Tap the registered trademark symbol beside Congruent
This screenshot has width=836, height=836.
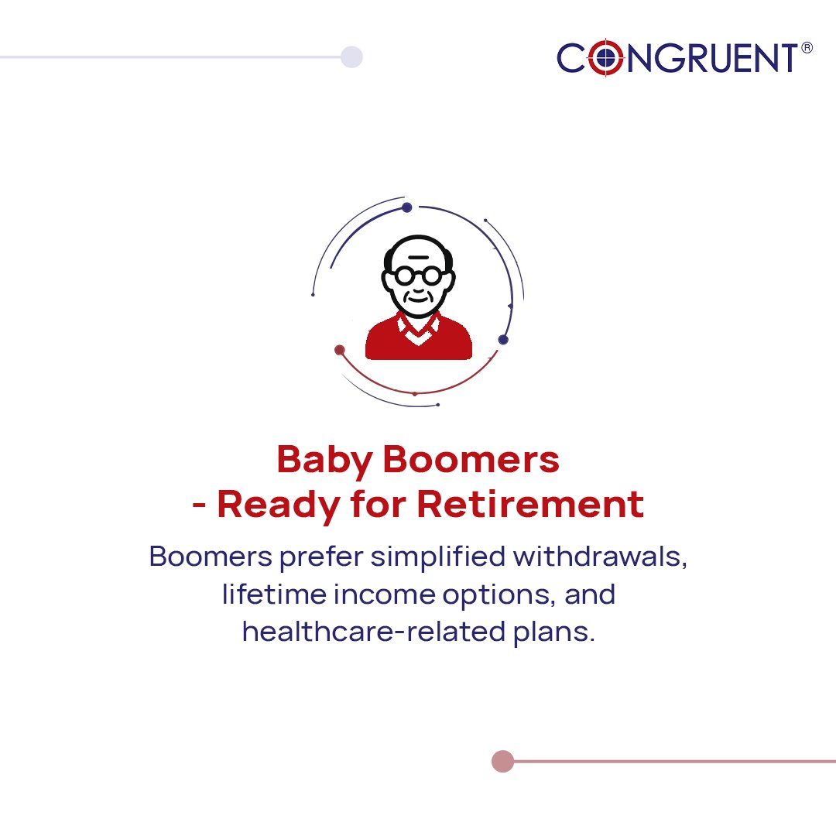tap(807, 48)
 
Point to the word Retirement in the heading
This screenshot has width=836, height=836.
tap(530, 504)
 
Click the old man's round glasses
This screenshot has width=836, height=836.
tap(418, 275)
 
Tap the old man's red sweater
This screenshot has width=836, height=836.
tap(418, 341)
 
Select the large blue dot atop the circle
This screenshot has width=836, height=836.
tap(406, 207)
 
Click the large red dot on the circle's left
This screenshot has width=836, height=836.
tap(339, 350)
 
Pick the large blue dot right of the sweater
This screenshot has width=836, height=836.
tap(503, 339)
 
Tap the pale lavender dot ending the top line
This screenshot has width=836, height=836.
tap(351, 57)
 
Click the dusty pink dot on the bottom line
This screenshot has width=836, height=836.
tap(502, 761)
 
